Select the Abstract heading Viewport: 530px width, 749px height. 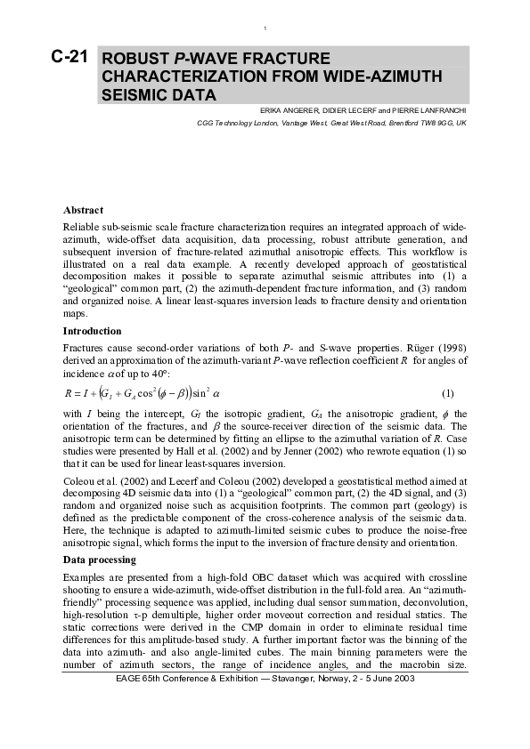coord(84,210)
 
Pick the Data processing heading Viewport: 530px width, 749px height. coord(101,561)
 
